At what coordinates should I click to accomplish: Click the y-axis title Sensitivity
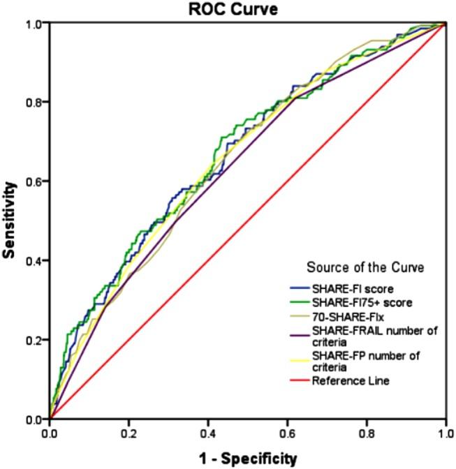9,221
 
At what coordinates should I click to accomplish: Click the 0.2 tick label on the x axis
128,433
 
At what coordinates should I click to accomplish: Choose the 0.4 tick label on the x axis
208,433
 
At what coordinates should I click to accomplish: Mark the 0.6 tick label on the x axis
287,433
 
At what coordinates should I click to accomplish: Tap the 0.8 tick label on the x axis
367,433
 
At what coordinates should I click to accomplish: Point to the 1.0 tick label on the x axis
444,433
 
